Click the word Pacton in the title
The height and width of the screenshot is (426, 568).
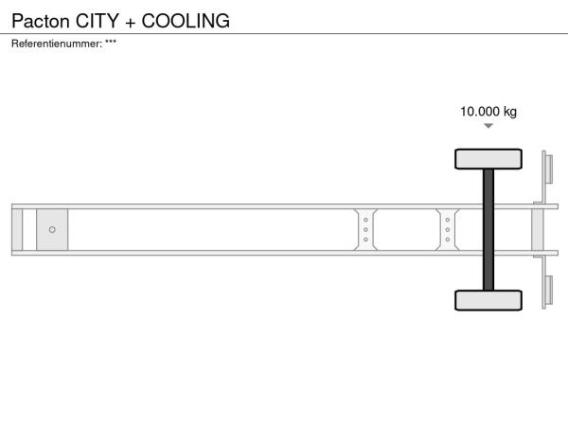[x=40, y=21]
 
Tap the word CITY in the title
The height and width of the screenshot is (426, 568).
[x=98, y=21]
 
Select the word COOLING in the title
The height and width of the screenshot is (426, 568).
[x=186, y=21]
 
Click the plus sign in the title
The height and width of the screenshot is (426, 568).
[x=130, y=23]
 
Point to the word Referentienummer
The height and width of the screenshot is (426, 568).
[x=57, y=44]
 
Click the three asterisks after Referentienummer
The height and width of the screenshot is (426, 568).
[x=111, y=42]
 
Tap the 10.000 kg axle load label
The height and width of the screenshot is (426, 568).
[x=488, y=112]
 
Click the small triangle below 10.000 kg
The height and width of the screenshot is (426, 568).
[x=488, y=126]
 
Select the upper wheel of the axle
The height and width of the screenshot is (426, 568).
[x=488, y=159]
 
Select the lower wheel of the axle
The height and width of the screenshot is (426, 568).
[x=488, y=300]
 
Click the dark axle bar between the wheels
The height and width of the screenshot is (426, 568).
[x=488, y=230]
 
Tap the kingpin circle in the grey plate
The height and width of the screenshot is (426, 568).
[x=52, y=230]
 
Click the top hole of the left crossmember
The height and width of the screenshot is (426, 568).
[x=365, y=220]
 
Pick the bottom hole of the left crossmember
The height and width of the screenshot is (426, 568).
[x=365, y=240]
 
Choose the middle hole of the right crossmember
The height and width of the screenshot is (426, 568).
[x=448, y=230]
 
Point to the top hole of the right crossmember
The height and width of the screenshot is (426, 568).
[x=448, y=220]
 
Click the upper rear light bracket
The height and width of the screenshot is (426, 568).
[x=546, y=176]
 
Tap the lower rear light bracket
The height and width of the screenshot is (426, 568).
[x=546, y=282]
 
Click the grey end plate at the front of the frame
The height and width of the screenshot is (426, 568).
[x=17, y=230]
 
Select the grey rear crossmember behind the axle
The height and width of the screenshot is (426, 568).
[x=538, y=230]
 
